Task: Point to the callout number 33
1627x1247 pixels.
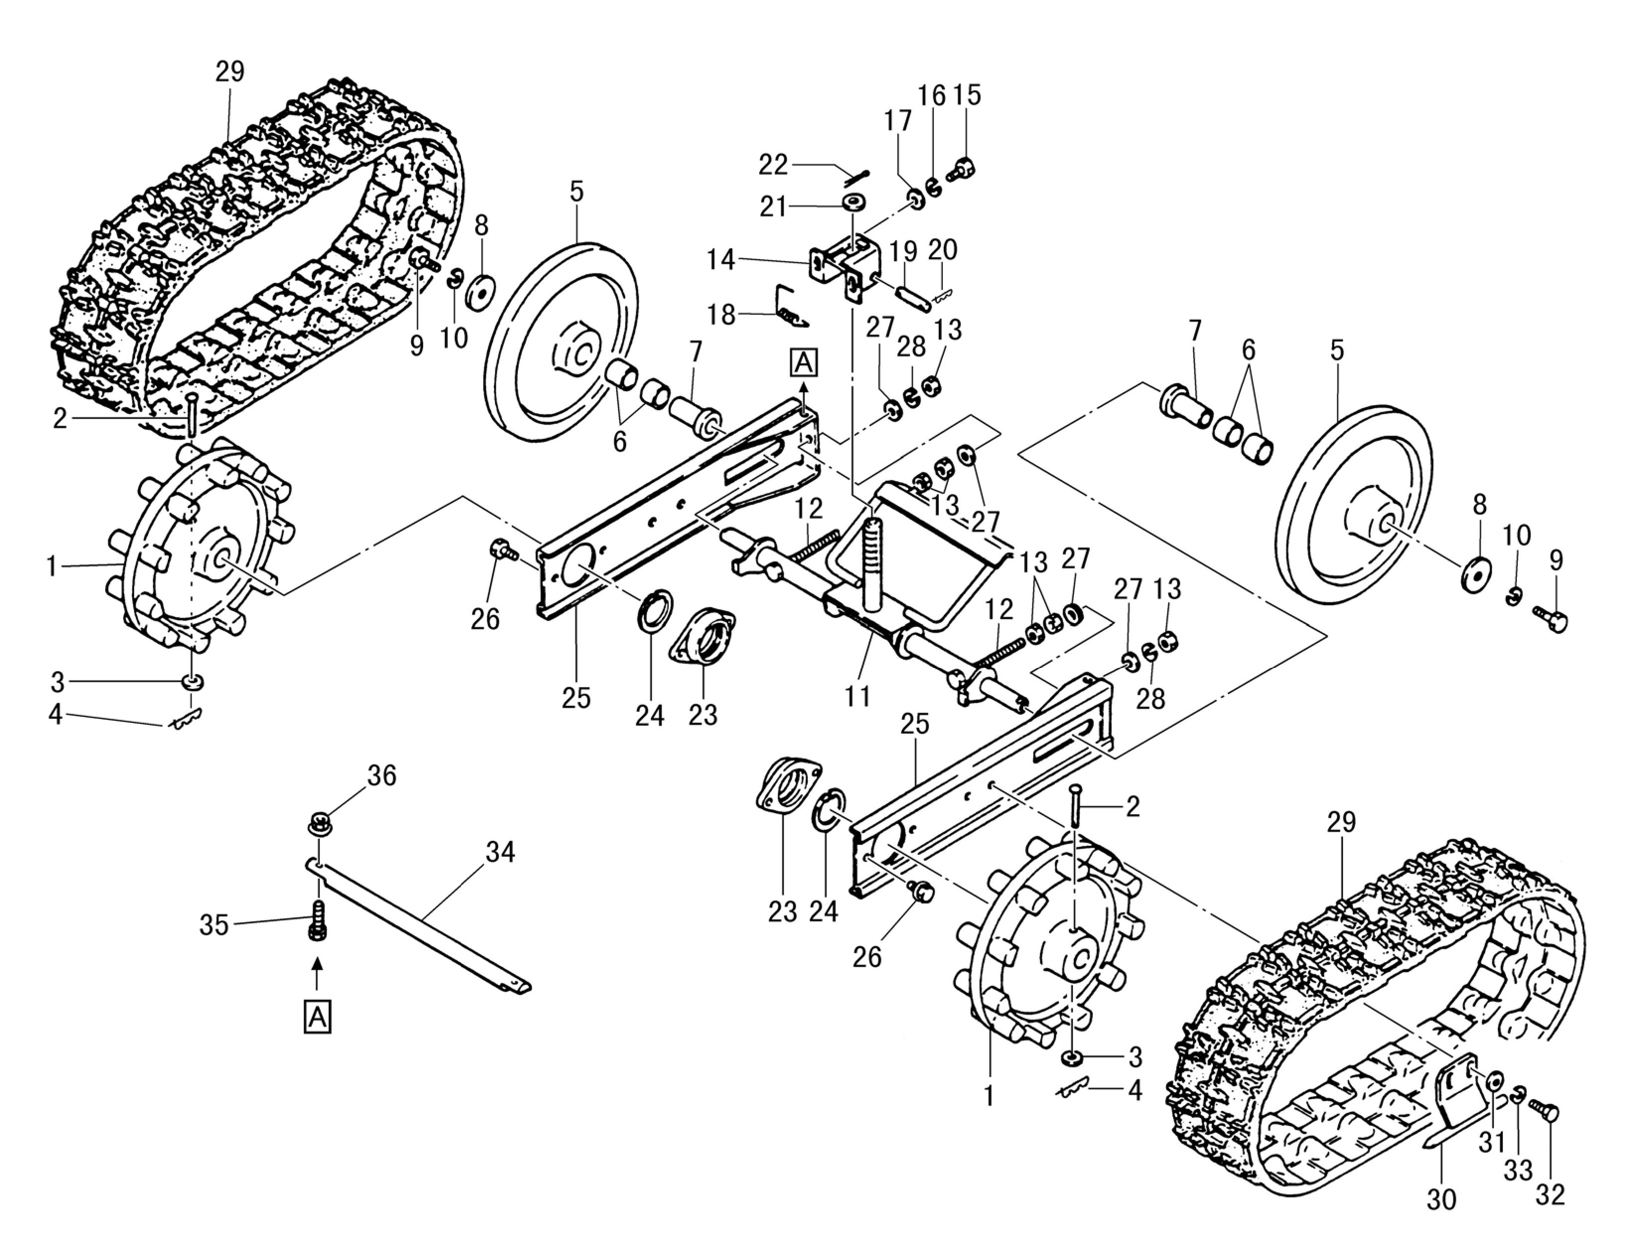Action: [x=1518, y=1171]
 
